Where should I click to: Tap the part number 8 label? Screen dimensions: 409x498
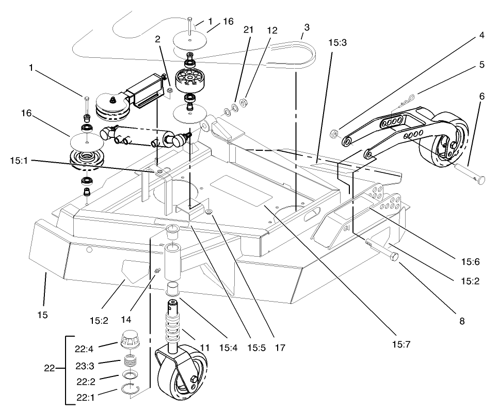(461, 321)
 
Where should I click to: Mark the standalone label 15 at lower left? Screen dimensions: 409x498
(43, 314)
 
